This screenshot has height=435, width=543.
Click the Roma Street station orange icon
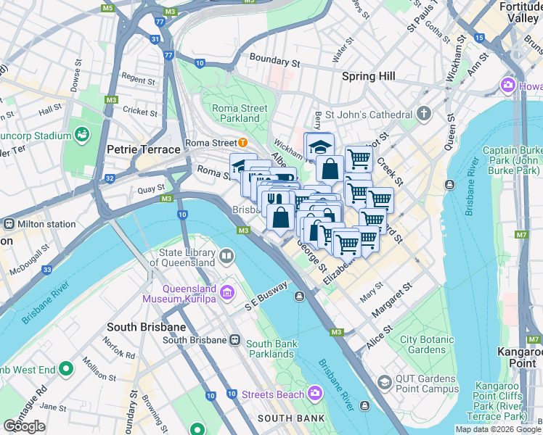(242, 143)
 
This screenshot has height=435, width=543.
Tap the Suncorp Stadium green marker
(81, 135)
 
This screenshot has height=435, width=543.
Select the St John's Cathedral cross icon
(425, 114)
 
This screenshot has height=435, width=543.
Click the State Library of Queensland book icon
(227, 256)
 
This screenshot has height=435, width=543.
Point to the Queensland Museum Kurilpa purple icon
(227, 292)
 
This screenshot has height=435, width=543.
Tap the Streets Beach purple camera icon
(315, 393)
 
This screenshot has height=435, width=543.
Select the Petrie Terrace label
(143, 149)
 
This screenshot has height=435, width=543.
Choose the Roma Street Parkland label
(240, 113)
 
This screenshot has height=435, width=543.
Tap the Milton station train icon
(8, 224)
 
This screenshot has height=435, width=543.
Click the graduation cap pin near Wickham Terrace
(319, 146)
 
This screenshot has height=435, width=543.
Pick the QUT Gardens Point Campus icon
(384, 382)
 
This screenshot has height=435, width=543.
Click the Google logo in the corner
(24, 426)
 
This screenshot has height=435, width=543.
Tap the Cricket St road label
(140, 112)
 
